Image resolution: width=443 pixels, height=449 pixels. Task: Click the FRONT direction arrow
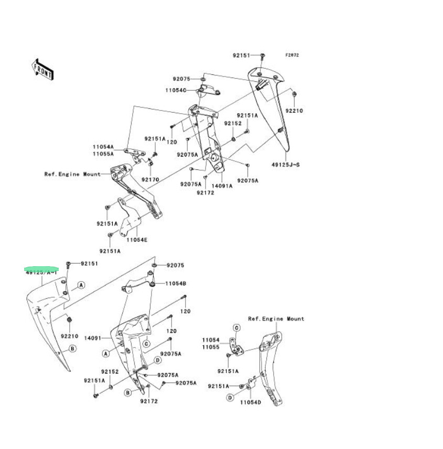point(42,69)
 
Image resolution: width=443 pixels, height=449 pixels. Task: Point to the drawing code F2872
point(292,55)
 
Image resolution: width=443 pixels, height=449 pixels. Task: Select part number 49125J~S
point(286,165)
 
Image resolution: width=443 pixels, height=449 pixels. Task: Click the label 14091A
point(222,185)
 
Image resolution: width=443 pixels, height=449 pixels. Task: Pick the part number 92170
point(152,179)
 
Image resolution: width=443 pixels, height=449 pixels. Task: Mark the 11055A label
point(103,155)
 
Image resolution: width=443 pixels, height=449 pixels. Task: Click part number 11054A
point(103,147)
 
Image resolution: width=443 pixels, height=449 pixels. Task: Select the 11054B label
point(176,283)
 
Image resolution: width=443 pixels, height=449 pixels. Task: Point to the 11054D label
point(251,402)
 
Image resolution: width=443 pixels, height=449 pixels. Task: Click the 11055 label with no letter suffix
point(211,347)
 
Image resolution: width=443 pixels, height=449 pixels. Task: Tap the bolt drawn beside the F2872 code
point(263,55)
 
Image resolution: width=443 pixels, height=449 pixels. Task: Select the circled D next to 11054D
point(230,398)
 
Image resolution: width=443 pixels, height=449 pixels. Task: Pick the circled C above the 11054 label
point(236,328)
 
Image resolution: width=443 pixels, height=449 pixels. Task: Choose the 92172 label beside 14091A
point(206,192)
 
